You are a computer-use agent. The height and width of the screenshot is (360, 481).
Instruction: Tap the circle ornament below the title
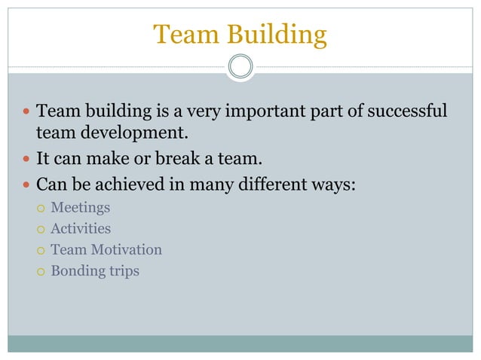coord(240,67)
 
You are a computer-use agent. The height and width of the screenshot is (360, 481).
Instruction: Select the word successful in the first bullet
coord(405,112)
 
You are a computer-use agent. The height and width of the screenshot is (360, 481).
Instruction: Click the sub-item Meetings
coord(80,206)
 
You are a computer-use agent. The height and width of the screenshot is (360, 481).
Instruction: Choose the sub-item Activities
coord(80,228)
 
